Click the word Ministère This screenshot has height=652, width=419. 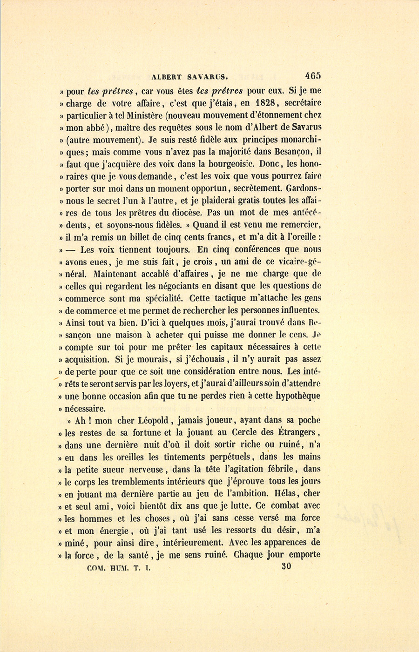pyautogui.click(x=145, y=115)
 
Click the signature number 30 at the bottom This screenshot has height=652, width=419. pyautogui.click(x=286, y=566)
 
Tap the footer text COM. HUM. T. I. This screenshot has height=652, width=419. pyautogui.click(x=119, y=568)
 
